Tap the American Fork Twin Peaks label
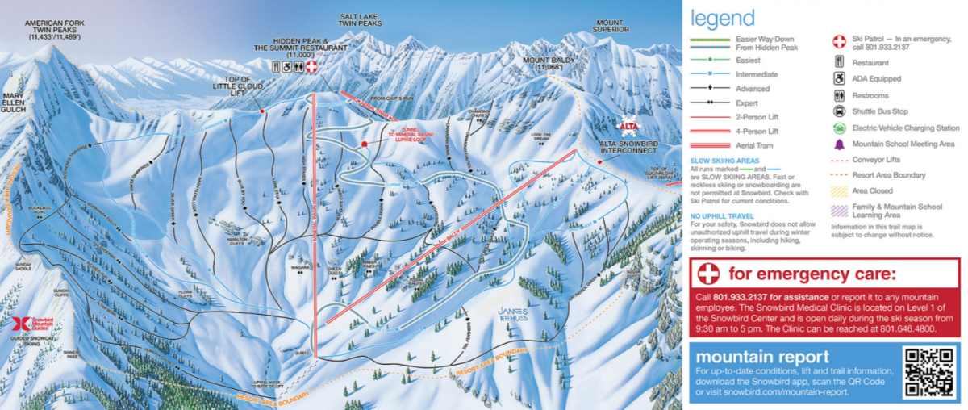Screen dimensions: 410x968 (x=55, y=30)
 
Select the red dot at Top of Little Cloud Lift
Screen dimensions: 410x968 (x=263, y=111)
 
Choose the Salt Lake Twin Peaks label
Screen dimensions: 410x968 (x=360, y=21)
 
